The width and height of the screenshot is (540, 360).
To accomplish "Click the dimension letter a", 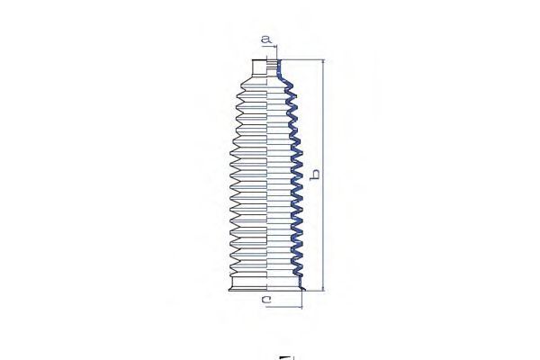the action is click(x=265, y=40).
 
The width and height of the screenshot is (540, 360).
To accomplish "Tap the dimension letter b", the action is click(x=315, y=175).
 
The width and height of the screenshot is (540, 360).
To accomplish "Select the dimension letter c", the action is click(x=266, y=300).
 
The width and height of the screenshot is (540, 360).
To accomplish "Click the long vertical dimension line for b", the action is click(x=323, y=175).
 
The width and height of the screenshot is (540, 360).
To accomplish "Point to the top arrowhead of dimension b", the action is click(x=323, y=62).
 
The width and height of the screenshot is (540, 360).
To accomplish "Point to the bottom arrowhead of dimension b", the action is click(x=323, y=288).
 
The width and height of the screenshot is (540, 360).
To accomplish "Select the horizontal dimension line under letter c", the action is click(x=284, y=306).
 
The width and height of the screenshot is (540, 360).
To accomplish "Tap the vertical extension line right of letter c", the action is click(x=302, y=300).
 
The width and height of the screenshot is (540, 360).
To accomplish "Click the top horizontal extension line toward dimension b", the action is click(x=303, y=59).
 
